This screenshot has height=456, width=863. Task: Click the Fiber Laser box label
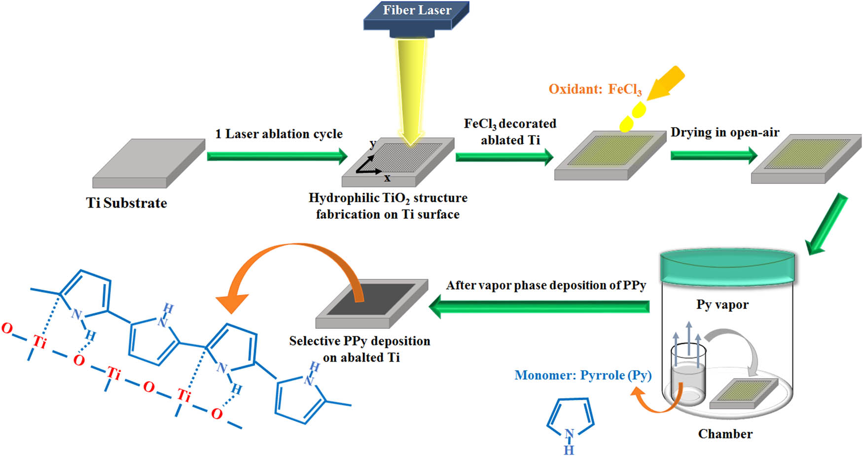click(417, 10)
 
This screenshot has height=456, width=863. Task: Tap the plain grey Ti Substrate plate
click(148, 162)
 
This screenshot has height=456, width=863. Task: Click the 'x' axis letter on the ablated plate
click(388, 178)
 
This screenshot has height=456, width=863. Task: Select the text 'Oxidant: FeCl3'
click(595, 89)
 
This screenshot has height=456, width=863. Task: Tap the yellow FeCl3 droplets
click(632, 117)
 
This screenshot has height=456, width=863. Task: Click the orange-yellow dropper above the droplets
click(666, 83)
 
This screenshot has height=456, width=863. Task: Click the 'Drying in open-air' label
click(724, 133)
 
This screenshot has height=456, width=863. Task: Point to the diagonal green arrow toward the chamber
click(827, 223)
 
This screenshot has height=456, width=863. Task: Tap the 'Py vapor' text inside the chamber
click(722, 305)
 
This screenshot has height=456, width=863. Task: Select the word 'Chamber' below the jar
click(725, 434)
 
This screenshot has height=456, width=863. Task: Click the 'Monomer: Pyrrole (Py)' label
click(583, 376)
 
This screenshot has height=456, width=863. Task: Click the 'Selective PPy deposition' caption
click(360, 341)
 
